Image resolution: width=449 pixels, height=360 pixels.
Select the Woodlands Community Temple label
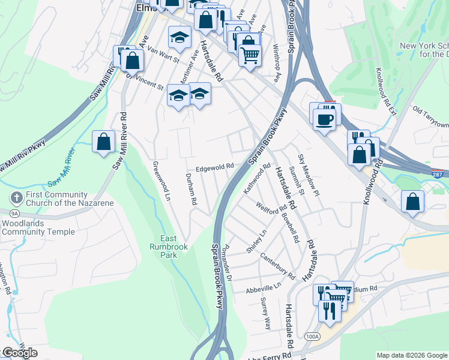pos(38,227)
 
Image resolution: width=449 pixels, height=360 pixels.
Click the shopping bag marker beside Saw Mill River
pos(104,142)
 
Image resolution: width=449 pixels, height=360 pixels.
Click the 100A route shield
pos(312,337)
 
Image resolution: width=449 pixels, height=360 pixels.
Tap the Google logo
pos(20,353)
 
